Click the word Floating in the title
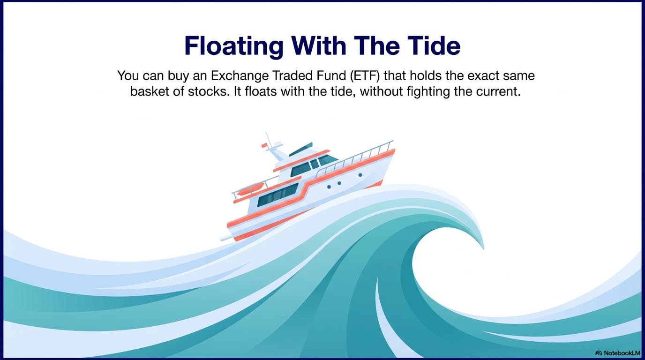(233, 45)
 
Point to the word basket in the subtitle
(150, 91)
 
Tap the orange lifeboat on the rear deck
(250, 189)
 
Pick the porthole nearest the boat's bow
(360, 175)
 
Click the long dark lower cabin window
(277, 195)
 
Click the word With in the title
(319, 45)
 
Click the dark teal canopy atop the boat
(300, 150)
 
